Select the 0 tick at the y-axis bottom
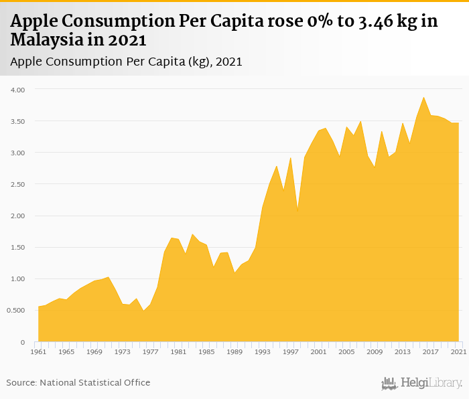[22, 342]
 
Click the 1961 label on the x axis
[39, 351]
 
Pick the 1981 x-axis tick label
[179, 351]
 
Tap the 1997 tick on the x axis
[291, 351]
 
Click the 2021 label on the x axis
[459, 351]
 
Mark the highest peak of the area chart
[423, 97]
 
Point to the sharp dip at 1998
[297, 212]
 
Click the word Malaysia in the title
[42, 40]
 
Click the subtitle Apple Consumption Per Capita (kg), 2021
[127, 62]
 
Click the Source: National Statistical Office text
[78, 382]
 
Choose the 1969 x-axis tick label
[95, 351]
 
